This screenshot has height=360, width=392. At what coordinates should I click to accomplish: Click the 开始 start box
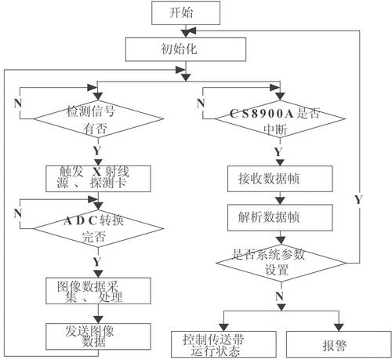click(186, 13)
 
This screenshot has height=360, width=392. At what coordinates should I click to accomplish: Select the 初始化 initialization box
click(186, 49)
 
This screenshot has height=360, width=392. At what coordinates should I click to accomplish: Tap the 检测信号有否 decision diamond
click(98, 119)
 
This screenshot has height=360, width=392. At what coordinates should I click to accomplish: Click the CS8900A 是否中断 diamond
click(280, 119)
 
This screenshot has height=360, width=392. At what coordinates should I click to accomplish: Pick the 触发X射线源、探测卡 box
click(98, 179)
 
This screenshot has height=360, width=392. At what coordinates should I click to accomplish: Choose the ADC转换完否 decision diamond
click(98, 229)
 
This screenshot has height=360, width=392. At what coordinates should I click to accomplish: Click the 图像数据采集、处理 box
click(98, 291)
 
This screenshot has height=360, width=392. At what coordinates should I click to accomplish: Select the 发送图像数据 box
click(98, 336)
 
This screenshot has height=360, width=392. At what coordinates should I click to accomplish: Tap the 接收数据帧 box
click(280, 179)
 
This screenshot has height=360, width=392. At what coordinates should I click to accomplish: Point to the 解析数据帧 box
click(280, 218)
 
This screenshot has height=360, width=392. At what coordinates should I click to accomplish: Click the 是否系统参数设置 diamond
click(281, 263)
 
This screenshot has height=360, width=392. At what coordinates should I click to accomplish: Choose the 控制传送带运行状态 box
click(223, 344)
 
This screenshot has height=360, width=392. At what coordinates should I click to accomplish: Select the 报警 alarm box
click(339, 344)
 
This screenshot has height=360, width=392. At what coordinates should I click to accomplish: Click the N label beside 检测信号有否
click(18, 104)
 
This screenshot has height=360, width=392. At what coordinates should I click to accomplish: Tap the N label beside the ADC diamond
click(18, 213)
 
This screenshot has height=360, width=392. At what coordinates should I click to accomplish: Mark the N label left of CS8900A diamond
click(201, 104)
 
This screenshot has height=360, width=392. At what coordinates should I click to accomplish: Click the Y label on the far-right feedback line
click(358, 200)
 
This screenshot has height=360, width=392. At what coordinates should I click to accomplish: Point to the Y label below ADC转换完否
click(97, 262)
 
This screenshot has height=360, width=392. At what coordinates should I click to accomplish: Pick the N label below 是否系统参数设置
click(280, 296)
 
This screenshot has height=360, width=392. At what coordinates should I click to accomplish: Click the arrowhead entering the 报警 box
click(339, 327)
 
